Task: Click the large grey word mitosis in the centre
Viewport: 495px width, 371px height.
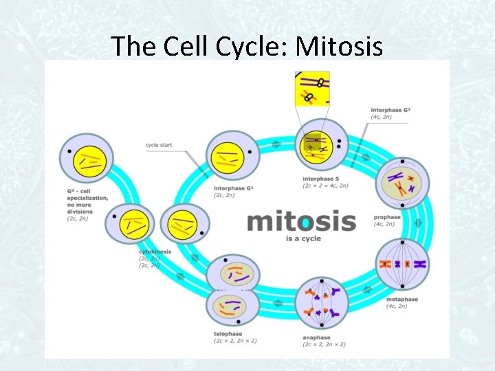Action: point(301,221)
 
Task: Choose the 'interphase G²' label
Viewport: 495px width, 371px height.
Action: point(390,110)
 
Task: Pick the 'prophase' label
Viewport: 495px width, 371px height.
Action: point(387,218)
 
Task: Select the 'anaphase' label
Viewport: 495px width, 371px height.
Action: point(316,337)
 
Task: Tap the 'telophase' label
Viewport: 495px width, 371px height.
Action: point(228,334)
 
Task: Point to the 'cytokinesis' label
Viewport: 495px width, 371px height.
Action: point(155,252)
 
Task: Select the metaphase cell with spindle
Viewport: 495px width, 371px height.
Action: point(402,265)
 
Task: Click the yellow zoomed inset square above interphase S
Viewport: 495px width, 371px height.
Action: point(312,89)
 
